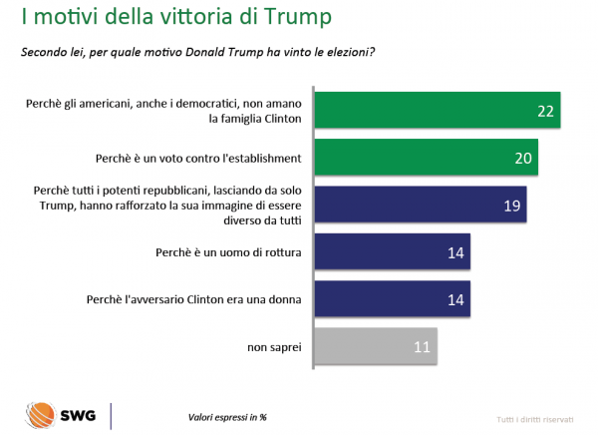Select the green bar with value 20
[427, 156]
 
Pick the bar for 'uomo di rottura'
[392, 251]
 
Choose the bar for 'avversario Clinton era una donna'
[392, 298]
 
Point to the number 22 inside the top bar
[545, 110]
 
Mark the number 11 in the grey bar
[422, 347]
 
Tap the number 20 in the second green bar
[522, 157]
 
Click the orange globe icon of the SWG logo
[43, 414]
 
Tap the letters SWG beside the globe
[78, 415]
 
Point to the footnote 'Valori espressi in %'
[228, 417]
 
